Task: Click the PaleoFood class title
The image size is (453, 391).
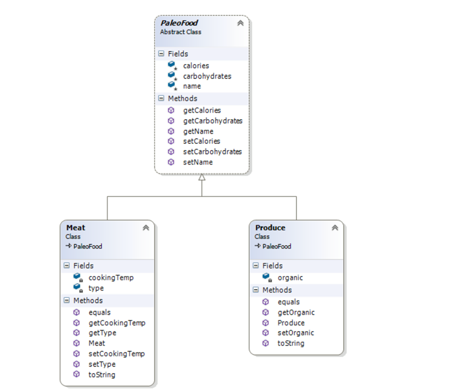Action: (x=179, y=23)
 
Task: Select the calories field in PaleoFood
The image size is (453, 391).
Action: (x=196, y=66)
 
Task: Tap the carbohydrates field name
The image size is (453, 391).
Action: (x=207, y=76)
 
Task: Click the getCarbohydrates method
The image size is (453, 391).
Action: (x=212, y=121)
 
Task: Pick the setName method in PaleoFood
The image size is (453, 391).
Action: (x=198, y=162)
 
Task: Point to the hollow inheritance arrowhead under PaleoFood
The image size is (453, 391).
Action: (x=202, y=178)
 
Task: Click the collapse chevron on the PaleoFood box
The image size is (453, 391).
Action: (x=240, y=23)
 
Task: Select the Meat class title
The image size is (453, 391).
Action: (x=75, y=228)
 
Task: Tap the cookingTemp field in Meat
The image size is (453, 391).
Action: (x=111, y=278)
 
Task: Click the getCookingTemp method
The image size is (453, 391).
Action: (x=117, y=323)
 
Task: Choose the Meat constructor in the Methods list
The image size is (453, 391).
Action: (x=97, y=343)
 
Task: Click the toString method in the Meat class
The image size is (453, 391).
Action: (x=101, y=374)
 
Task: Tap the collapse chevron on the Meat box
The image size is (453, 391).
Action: (x=146, y=228)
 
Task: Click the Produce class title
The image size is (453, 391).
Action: (x=270, y=228)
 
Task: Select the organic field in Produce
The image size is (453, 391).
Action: (x=290, y=278)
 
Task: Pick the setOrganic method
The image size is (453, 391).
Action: (x=295, y=333)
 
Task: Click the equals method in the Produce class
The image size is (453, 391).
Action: (x=288, y=302)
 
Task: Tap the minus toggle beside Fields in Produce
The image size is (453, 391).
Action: (x=256, y=266)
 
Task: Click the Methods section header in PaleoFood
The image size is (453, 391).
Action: (x=182, y=99)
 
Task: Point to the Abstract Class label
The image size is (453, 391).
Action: (x=180, y=32)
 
